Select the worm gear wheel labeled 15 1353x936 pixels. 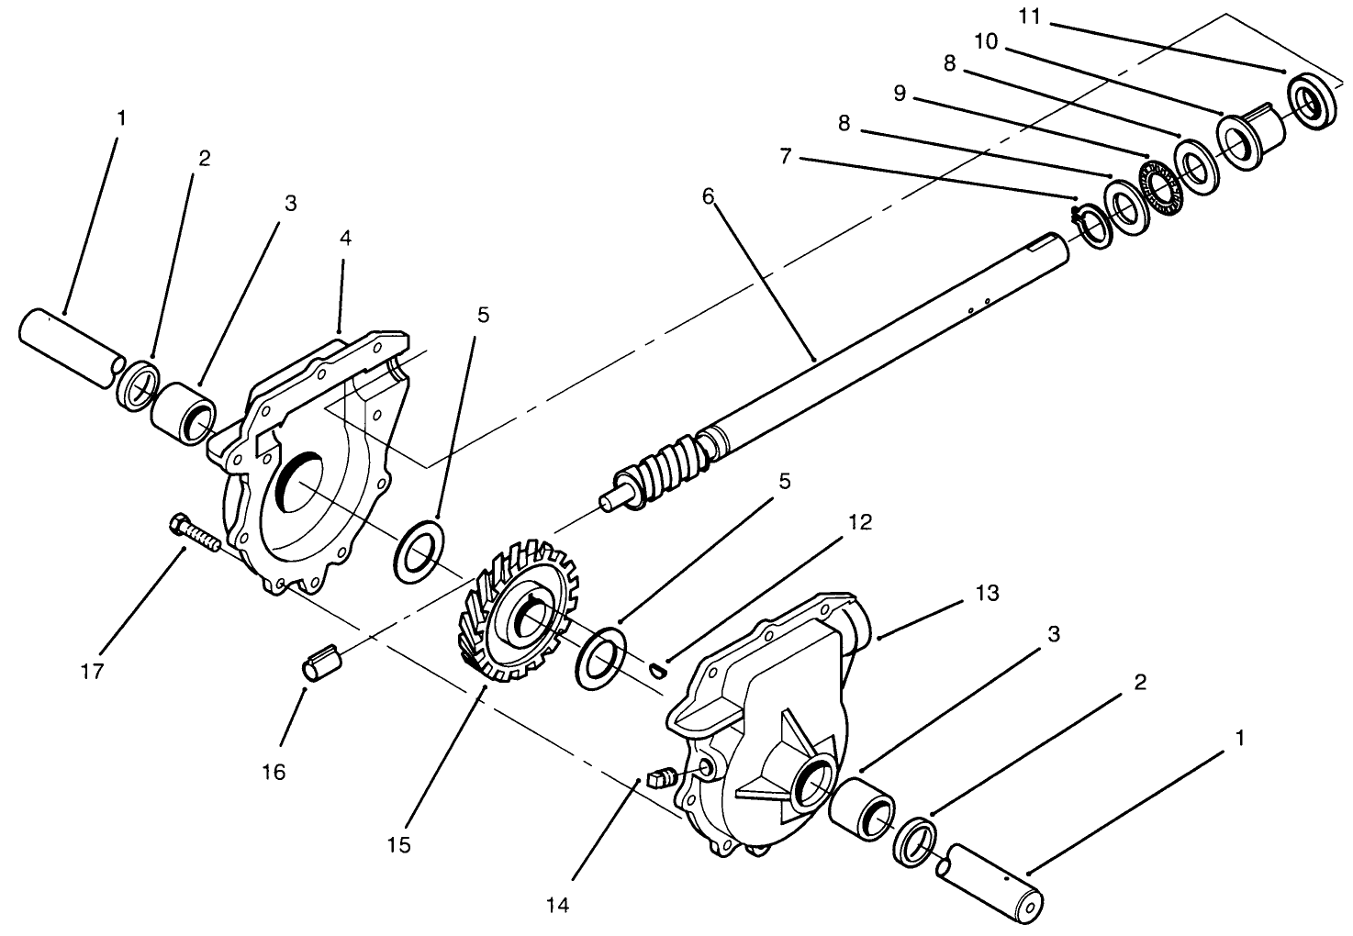(519, 610)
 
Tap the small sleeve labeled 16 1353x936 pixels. (322, 663)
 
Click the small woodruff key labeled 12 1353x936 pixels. (657, 668)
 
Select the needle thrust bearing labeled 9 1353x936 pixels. (1158, 188)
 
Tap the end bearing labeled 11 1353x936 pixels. (1312, 101)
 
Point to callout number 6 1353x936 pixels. (709, 196)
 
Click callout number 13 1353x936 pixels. (988, 593)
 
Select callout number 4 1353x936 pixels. (345, 238)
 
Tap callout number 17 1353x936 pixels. (93, 671)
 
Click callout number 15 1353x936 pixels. (398, 845)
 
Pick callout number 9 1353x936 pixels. (900, 94)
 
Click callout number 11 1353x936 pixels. (1030, 17)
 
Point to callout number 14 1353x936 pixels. (557, 905)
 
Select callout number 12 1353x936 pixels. (860, 522)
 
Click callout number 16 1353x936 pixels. (273, 772)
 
